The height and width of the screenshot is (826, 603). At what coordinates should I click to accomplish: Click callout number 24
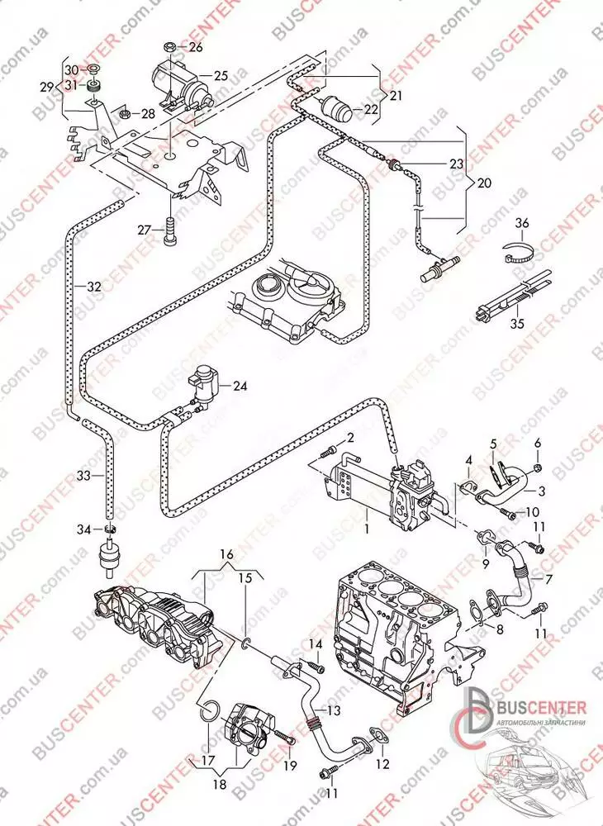tap(240, 385)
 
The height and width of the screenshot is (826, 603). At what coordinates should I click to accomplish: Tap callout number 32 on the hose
tap(94, 287)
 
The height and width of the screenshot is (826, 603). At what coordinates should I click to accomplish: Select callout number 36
tap(521, 223)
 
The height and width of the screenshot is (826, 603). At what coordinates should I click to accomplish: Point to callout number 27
tap(143, 230)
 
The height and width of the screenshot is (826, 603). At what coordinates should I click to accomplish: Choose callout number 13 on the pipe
tap(333, 710)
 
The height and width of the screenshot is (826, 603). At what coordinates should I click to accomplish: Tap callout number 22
tap(371, 109)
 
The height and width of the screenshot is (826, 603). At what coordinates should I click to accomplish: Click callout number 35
tap(518, 325)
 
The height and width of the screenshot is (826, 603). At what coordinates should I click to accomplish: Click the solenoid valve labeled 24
tap(204, 382)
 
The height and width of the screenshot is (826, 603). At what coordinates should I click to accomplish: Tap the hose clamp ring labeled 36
tap(517, 251)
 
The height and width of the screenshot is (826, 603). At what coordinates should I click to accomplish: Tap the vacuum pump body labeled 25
tap(180, 82)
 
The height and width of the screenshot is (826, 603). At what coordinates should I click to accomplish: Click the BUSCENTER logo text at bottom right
tap(540, 708)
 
